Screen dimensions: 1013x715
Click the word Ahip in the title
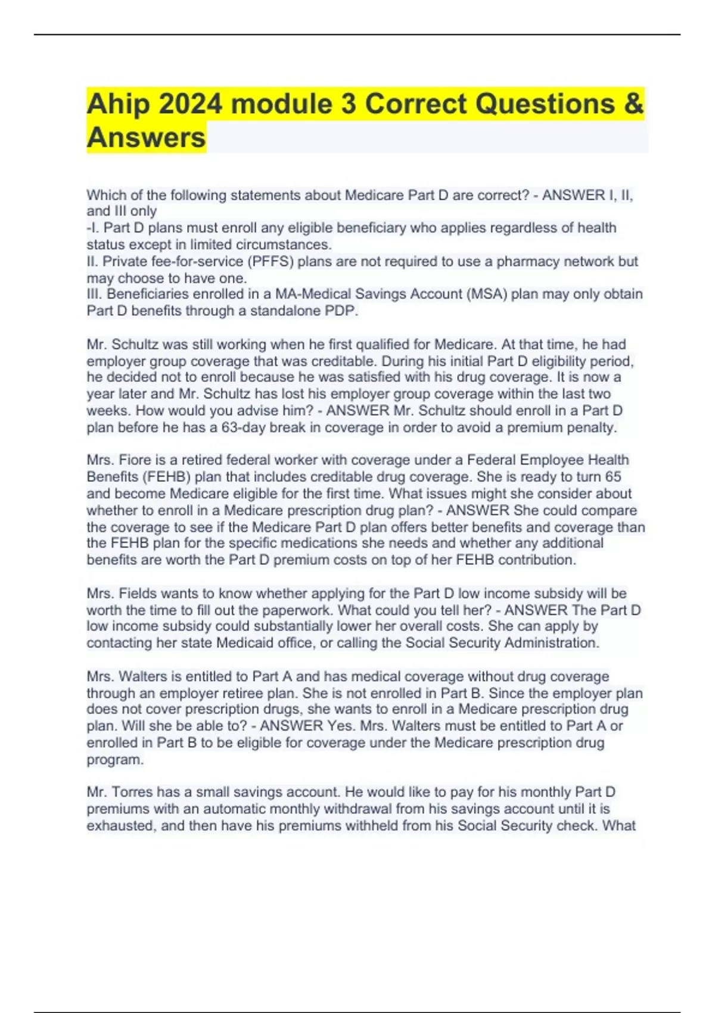pyautogui.click(x=117, y=105)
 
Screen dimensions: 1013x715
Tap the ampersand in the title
pyautogui.click(x=635, y=105)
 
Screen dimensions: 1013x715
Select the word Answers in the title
pyautogui.click(x=146, y=138)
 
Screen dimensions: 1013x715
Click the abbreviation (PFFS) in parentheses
pyautogui.click(x=270, y=262)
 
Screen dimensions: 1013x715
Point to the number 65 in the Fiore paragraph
pyautogui.click(x=613, y=477)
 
